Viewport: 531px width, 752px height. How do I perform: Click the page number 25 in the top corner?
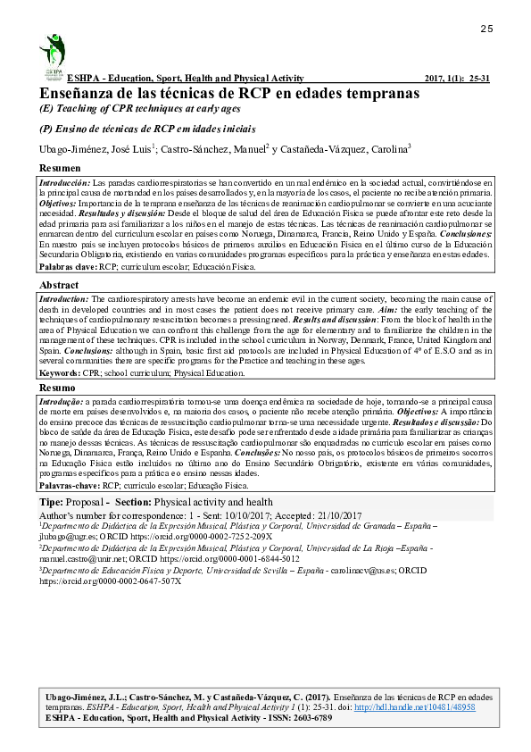pos(486,29)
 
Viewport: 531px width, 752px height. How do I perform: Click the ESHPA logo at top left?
pos(53,55)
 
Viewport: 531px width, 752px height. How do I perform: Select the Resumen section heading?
pos(61,168)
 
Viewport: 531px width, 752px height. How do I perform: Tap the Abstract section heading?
pos(60,285)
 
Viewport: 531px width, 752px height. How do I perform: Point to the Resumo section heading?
pos(58,389)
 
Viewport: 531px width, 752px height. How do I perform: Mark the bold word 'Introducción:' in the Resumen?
pos(64,181)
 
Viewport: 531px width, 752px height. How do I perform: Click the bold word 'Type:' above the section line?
pos(52,503)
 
